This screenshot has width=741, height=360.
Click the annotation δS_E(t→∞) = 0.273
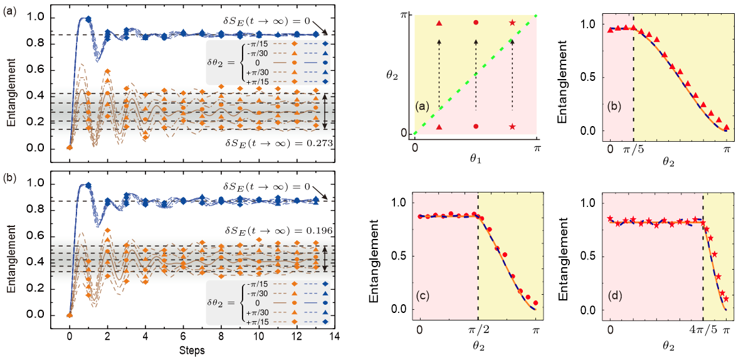[278, 143]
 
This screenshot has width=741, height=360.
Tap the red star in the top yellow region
[513, 23]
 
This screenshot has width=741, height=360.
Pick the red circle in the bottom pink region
[476, 127]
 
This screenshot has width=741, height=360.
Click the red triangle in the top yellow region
[439, 23]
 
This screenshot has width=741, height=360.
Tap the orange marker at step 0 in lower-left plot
[70, 315]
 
